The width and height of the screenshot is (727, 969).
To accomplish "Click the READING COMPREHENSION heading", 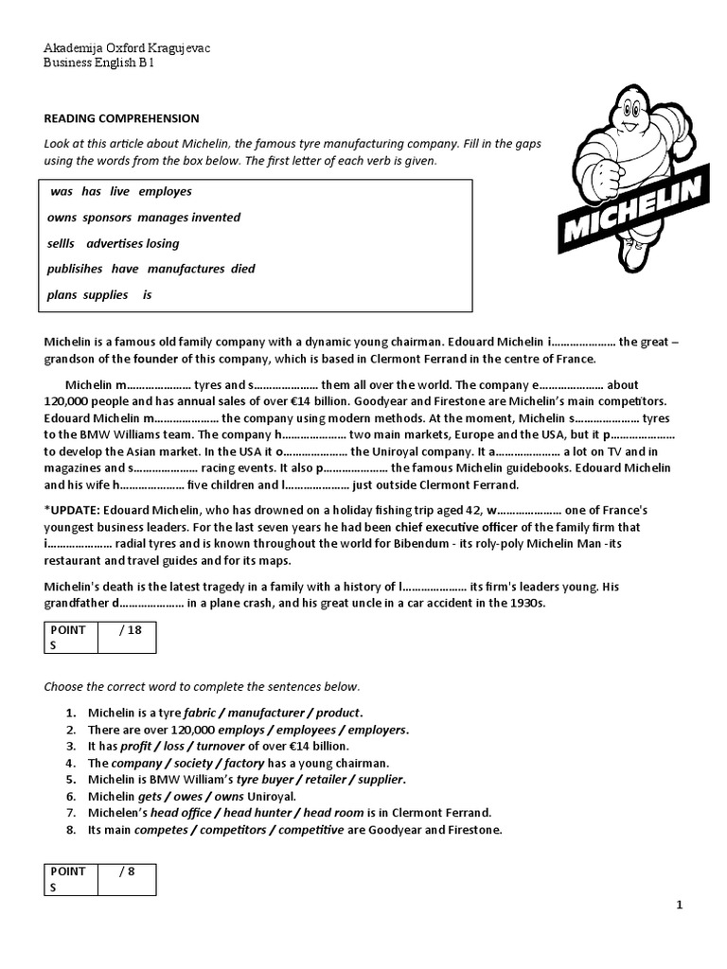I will pos(122,118).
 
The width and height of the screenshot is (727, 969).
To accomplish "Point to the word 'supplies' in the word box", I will pos(105,294).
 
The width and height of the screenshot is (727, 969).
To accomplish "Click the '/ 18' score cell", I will pos(127,630).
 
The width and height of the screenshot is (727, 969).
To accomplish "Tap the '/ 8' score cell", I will pos(127,872).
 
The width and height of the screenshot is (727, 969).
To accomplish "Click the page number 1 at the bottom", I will pos(679,906).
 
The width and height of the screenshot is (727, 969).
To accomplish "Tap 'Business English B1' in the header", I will pos(98,63).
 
